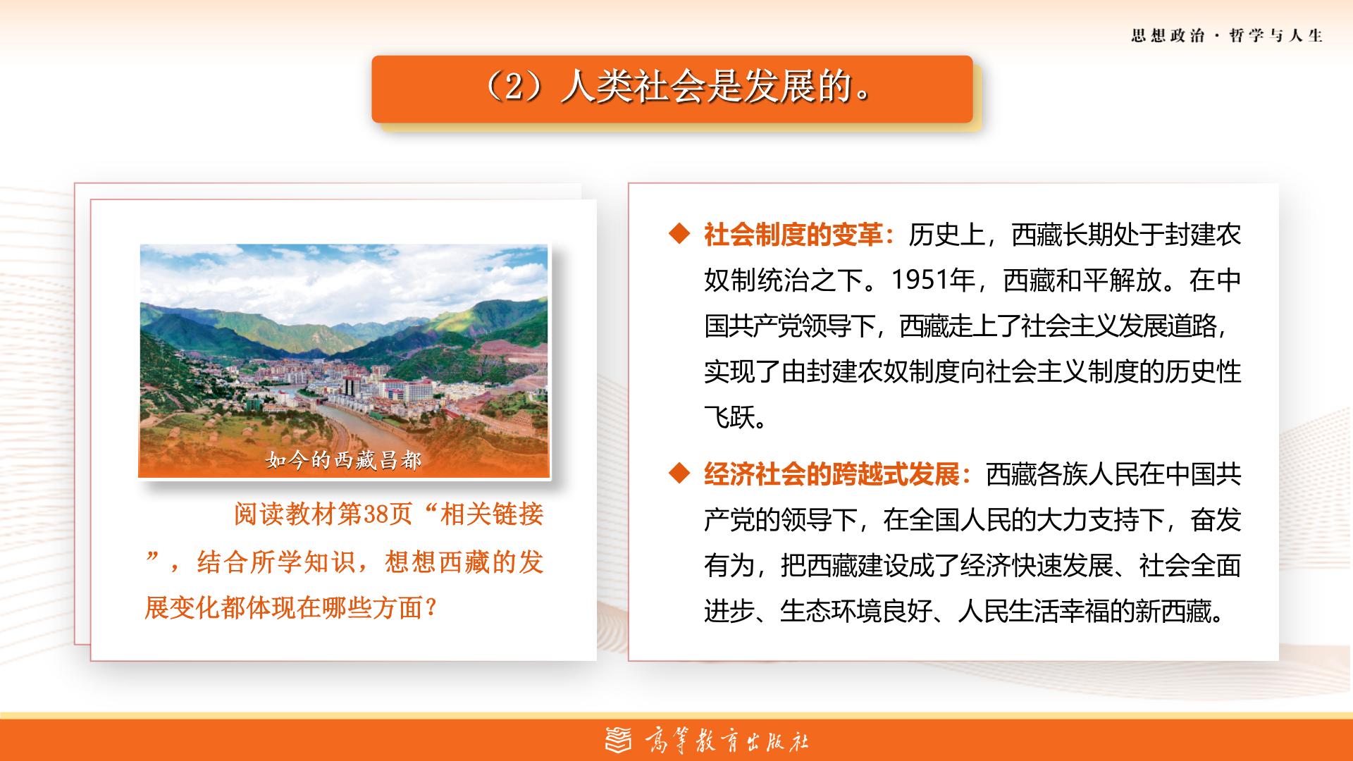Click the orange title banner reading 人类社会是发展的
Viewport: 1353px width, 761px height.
coord(672,89)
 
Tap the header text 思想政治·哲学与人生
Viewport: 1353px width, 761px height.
coord(1227,36)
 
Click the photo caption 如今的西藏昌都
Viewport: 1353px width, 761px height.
coord(343,460)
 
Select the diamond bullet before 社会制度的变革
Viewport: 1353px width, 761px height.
coord(679,235)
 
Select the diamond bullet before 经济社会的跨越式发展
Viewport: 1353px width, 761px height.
coord(679,474)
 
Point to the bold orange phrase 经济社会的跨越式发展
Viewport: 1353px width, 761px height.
coord(832,474)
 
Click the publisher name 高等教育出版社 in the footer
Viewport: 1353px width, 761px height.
coord(727,741)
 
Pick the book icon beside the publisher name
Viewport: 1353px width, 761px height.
coord(619,741)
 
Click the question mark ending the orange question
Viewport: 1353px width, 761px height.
coord(432,608)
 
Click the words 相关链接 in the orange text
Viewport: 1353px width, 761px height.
coord(492,515)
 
